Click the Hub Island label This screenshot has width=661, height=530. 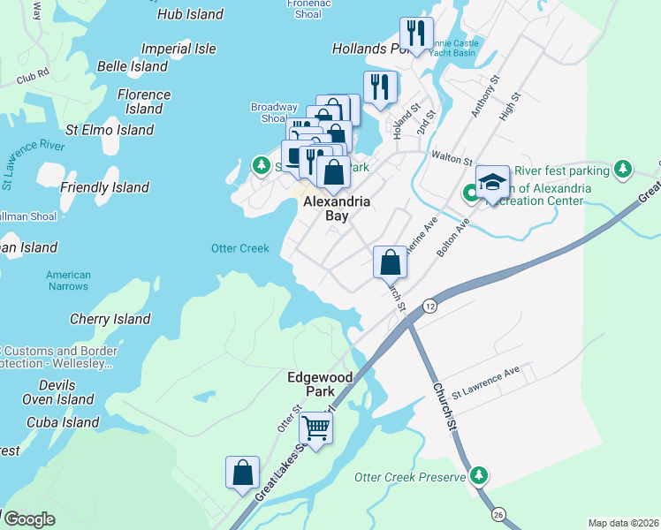tap(190, 14)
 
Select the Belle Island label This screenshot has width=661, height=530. tap(133, 66)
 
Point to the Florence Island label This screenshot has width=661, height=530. tap(144, 102)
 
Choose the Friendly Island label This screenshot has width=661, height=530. tap(104, 187)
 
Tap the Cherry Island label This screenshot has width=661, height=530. tap(110, 319)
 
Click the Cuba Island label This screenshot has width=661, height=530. tap(63, 422)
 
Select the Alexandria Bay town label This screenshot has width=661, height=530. tap(336, 209)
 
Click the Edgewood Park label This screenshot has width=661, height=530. tap(320, 384)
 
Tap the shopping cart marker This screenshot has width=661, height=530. tap(315, 429)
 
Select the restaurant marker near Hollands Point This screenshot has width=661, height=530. tap(413, 34)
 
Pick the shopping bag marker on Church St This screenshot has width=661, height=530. tap(390, 261)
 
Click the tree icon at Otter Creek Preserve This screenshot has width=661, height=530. tap(479, 476)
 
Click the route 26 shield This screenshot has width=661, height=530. tap(498, 513)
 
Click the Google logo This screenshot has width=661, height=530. tap(28, 519)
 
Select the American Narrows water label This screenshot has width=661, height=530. tap(68, 280)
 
